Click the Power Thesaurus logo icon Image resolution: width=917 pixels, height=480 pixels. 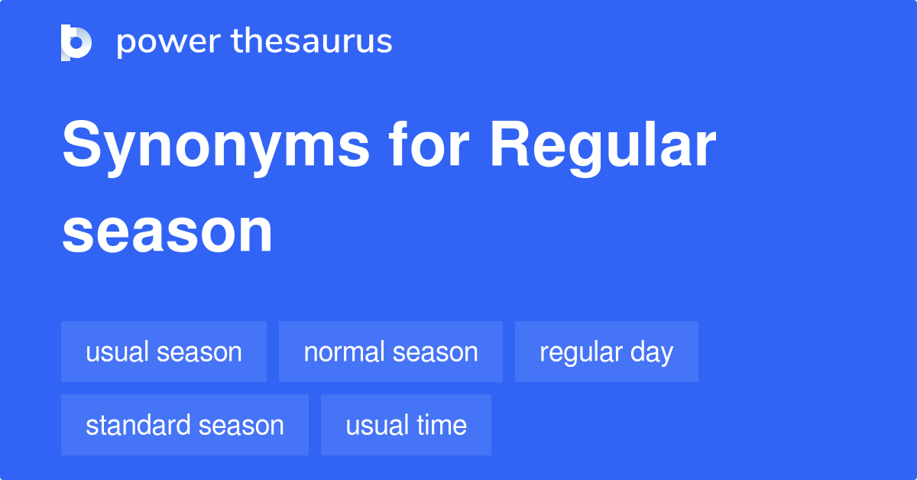(x=76, y=42)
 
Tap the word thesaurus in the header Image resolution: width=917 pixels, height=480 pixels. (x=312, y=42)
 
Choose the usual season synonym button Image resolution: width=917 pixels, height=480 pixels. (x=164, y=352)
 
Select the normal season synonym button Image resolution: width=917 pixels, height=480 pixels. (x=390, y=352)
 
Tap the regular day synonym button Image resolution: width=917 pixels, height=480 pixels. (x=606, y=352)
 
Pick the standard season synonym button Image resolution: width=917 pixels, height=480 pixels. (x=184, y=425)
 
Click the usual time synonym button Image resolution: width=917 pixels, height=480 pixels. (x=406, y=425)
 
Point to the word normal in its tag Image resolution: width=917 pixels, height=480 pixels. (x=342, y=352)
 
